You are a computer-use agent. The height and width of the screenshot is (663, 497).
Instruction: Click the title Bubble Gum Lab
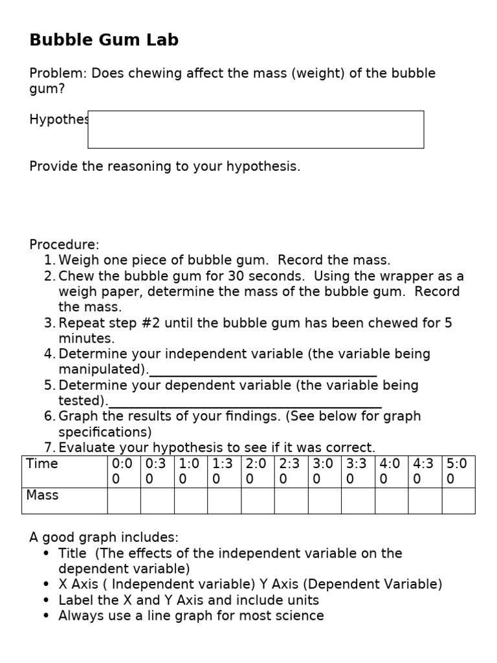(104, 40)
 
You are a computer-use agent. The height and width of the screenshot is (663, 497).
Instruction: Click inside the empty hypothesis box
(256, 129)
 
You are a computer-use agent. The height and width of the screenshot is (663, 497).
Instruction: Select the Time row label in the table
(43, 464)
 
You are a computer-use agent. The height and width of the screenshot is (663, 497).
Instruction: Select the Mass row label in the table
(43, 495)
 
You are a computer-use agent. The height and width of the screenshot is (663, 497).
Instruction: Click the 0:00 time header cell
(124, 471)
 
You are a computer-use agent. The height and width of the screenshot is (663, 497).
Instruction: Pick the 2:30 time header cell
(291, 471)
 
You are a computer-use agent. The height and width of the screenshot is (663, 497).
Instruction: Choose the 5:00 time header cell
(458, 471)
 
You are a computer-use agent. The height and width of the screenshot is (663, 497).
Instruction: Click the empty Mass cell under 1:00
(190, 500)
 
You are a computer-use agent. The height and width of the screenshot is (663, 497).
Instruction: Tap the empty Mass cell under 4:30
(425, 500)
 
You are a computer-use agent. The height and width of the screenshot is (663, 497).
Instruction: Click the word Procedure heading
(64, 245)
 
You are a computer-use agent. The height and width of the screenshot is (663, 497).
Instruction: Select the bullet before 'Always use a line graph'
(46, 616)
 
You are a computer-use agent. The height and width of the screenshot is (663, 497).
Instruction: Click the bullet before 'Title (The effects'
(46, 554)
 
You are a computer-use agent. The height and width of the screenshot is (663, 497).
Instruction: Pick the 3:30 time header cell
(358, 471)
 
